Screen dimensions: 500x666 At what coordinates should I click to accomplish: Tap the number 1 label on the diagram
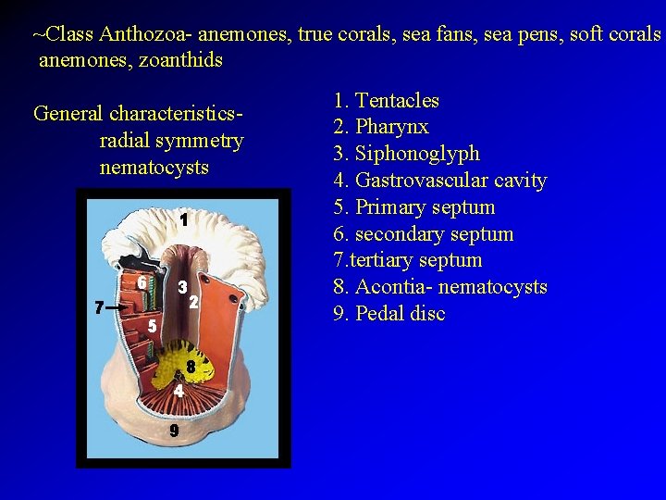click(x=184, y=220)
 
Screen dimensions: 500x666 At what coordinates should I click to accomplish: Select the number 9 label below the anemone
click(x=174, y=431)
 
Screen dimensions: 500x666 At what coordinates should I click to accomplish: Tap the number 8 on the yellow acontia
click(x=190, y=368)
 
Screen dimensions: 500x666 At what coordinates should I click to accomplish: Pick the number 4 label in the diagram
click(x=179, y=391)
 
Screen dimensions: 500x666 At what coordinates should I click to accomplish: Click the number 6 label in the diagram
click(x=142, y=281)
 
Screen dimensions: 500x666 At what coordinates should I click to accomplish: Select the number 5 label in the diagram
click(x=153, y=326)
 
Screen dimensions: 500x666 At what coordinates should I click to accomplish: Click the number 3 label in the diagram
click(x=183, y=288)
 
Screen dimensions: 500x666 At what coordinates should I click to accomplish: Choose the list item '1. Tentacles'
click(x=386, y=100)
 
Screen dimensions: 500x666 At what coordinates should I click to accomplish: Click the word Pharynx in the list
click(x=392, y=127)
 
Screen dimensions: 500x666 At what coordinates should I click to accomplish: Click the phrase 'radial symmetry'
click(x=171, y=142)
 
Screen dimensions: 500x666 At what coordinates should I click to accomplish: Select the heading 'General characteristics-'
click(x=138, y=114)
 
